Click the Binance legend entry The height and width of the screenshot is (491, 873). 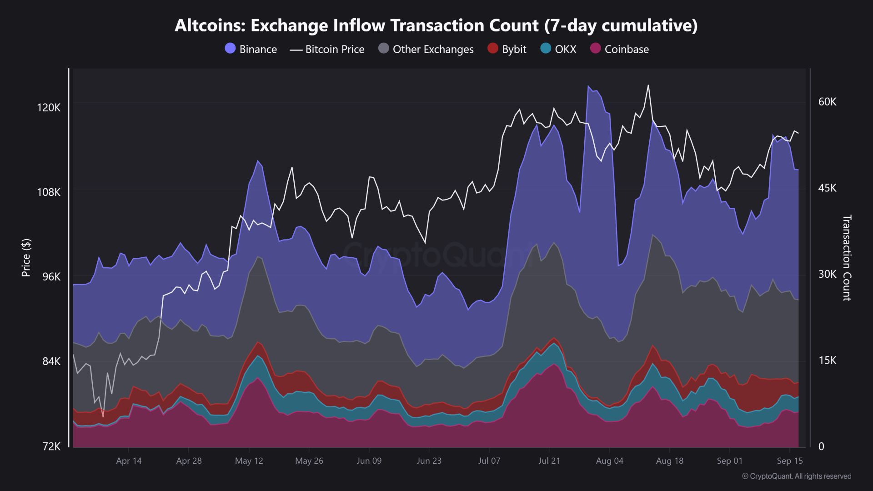point(251,49)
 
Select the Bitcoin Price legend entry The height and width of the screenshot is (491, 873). point(327,49)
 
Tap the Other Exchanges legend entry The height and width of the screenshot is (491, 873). point(426,49)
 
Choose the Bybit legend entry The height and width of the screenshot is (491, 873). point(507,49)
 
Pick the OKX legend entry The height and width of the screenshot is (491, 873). point(558,49)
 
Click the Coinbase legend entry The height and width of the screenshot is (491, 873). point(619,49)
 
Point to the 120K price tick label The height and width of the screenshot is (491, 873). point(49,108)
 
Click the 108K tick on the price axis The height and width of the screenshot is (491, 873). point(49,192)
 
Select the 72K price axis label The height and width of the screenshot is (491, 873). point(51,446)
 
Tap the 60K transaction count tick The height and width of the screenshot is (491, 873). point(827,102)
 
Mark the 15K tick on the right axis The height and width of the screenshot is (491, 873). point(827,361)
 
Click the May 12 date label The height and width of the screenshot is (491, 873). point(249,461)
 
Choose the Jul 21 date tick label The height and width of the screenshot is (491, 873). point(549,461)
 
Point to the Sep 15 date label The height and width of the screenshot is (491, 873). point(790,461)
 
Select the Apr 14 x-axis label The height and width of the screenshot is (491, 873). point(129,461)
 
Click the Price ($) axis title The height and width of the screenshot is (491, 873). point(26,258)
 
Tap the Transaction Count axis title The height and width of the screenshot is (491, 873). point(847,258)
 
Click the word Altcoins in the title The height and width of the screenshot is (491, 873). point(210,26)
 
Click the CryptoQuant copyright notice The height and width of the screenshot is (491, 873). point(797,476)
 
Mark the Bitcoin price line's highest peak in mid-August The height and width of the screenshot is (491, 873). point(648,85)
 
